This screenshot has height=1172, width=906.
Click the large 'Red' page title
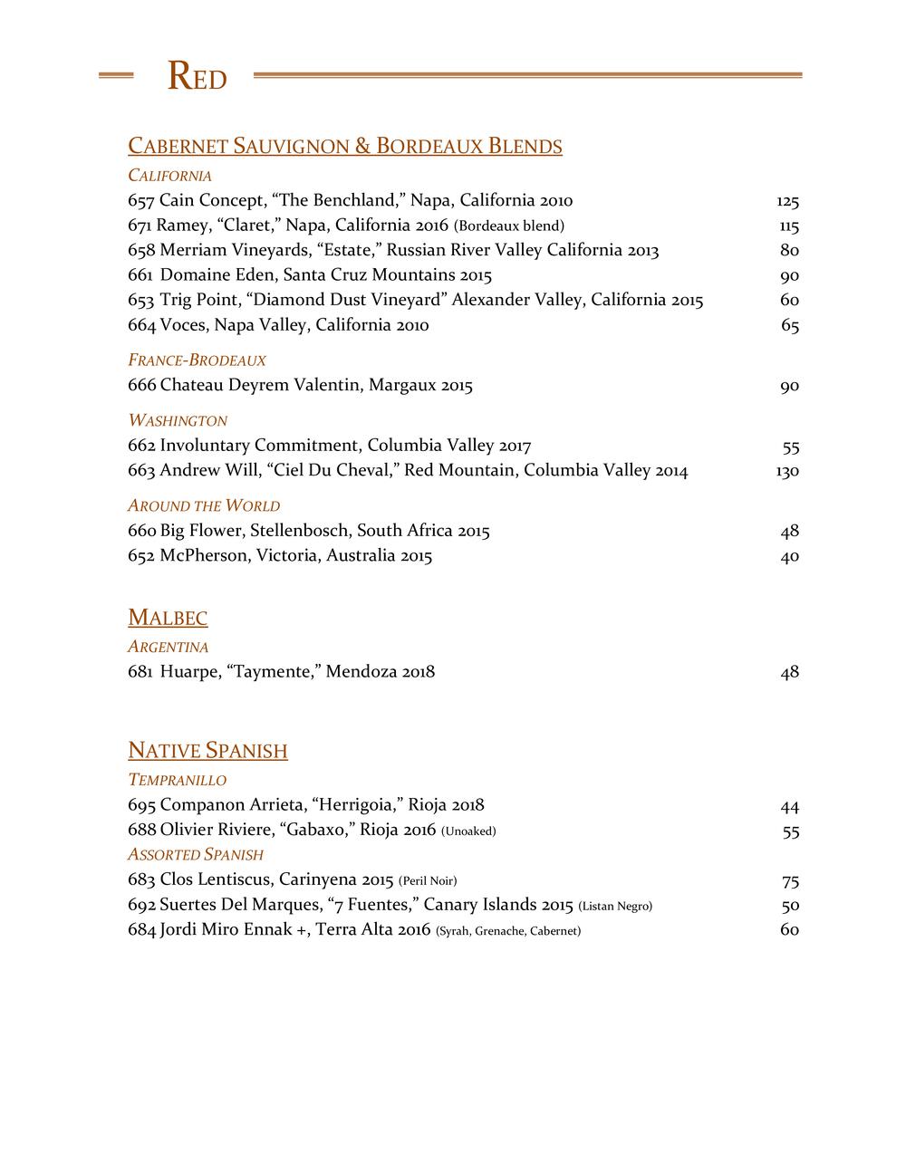(197, 78)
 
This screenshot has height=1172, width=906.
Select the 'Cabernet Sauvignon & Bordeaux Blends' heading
(345, 146)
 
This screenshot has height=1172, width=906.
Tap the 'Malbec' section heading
(168, 619)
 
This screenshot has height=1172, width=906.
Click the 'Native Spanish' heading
(207, 751)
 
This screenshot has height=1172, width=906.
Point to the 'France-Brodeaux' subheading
(197, 360)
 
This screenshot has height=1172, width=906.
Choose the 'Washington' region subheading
(178, 421)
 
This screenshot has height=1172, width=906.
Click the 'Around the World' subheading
(204, 506)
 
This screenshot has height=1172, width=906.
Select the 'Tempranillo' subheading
(177, 780)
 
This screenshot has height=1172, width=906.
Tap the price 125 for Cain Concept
(786, 201)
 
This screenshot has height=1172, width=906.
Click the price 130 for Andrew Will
(786, 471)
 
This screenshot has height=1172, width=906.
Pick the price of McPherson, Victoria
(789, 556)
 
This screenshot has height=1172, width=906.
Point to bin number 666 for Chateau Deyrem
(142, 386)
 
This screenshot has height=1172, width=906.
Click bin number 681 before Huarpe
(140, 672)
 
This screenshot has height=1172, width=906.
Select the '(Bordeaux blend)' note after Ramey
(508, 226)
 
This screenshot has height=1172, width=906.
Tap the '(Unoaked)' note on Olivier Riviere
(468, 831)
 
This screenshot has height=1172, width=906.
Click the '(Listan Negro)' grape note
(615, 906)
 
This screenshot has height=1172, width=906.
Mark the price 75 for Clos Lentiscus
(790, 881)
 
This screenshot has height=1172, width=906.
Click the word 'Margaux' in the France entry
(403, 386)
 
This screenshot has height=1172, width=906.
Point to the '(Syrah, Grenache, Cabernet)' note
(508, 931)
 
